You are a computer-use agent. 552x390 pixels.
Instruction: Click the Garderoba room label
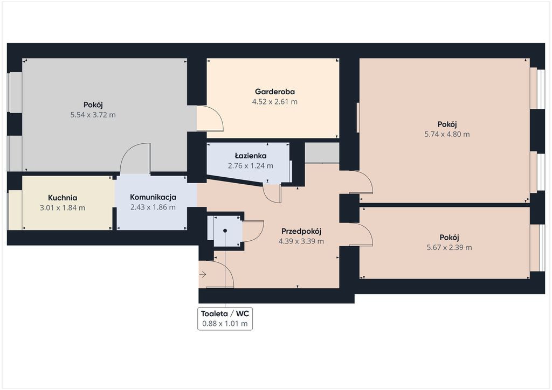pos(274,92)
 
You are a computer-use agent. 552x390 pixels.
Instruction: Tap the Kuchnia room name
pos(63,198)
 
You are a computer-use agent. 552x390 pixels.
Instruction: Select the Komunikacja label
pos(153,197)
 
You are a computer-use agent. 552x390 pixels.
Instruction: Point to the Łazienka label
pos(250,156)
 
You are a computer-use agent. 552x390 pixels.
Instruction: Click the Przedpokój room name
pos(301,232)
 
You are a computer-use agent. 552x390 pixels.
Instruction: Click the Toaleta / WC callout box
pos(225,318)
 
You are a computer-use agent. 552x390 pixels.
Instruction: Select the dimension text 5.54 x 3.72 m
pos(93,115)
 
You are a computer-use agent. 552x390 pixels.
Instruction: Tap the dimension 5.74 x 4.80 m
pos(447,134)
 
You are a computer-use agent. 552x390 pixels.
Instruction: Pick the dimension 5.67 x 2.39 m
pos(449,248)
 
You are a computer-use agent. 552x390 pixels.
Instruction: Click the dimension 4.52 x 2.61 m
pos(274,102)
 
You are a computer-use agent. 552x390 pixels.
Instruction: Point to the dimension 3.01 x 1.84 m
pos(63,208)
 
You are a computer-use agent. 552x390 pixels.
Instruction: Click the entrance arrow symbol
pos(203,274)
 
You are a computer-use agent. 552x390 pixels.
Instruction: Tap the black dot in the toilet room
pos(225,231)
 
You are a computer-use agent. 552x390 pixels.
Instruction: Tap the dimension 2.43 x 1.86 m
pos(153,207)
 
